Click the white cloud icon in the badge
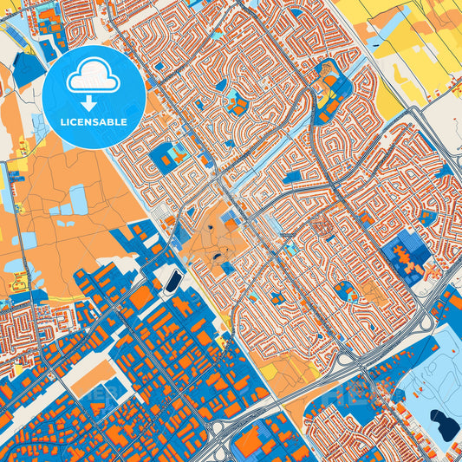pyautogui.click(x=94, y=75)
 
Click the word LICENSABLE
pyautogui.click(x=94, y=121)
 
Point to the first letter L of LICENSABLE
pyautogui.click(x=63, y=121)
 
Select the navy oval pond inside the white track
pyautogui.click(x=172, y=280)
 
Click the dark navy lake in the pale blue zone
pyautogui.click(x=446, y=425)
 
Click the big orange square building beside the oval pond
pyautogui.click(x=141, y=297)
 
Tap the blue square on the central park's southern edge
pyautogui.click(x=227, y=267)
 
